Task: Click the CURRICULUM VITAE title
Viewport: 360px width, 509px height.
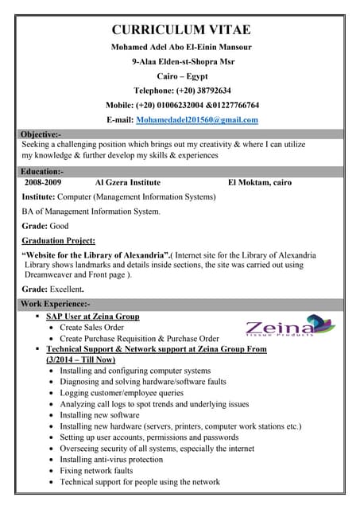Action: click(181, 30)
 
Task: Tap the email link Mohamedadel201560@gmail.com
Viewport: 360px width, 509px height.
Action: click(197, 119)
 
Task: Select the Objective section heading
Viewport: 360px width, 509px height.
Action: click(41, 134)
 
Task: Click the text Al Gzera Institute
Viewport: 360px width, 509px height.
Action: click(127, 183)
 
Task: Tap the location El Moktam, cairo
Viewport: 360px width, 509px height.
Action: click(259, 183)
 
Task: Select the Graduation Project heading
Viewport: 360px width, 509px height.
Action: click(59, 240)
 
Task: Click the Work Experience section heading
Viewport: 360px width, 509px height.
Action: click(56, 305)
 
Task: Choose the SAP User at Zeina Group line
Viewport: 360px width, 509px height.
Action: click(92, 317)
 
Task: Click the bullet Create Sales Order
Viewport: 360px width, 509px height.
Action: click(91, 328)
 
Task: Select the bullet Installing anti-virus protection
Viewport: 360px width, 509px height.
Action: click(110, 460)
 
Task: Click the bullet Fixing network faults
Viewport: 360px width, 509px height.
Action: click(96, 471)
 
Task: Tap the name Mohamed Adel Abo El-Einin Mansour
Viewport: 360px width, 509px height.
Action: click(181, 48)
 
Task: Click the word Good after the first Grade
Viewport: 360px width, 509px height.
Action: click(60, 226)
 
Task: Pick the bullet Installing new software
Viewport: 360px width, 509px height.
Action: click(99, 415)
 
